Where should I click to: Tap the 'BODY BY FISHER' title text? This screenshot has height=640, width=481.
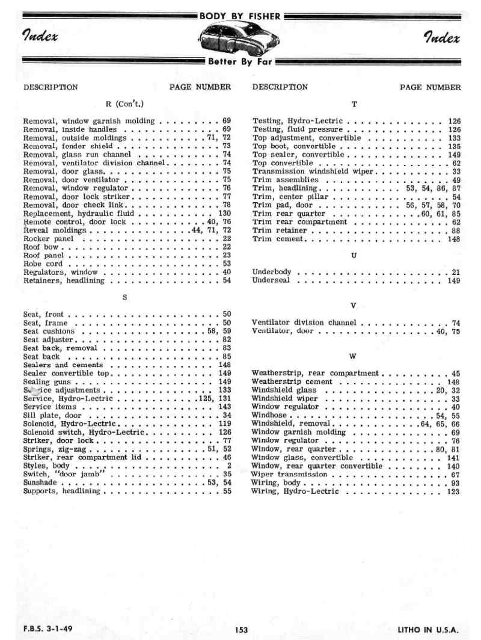240,16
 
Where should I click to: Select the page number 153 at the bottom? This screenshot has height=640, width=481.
241,630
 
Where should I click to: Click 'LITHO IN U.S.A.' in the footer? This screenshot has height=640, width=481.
427,630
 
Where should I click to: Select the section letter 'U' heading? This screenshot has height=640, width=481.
354,256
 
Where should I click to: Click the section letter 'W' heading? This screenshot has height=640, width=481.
354,356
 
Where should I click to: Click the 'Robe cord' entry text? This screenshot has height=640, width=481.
43,263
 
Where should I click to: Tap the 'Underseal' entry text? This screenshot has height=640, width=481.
271,280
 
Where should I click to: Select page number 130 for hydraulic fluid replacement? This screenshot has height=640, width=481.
224,213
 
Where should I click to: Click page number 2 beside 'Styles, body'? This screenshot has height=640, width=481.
229,466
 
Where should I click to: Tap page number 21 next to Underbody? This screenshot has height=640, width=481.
456,272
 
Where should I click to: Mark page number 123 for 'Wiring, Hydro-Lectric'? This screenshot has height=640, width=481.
453,491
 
